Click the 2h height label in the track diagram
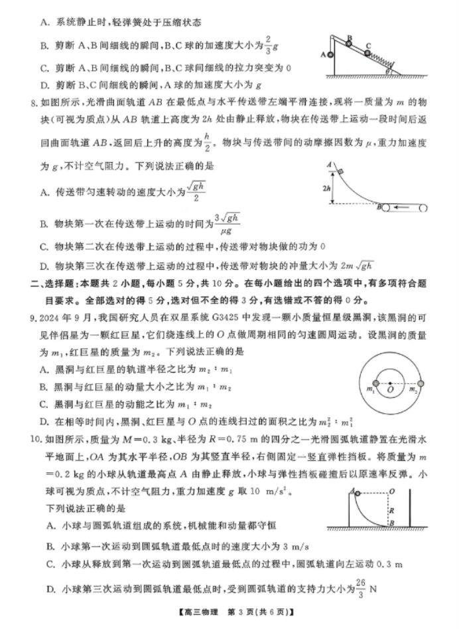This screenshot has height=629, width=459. click(327, 188)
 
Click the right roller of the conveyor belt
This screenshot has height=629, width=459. click(423, 208)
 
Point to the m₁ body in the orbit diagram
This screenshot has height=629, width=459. click(376, 383)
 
